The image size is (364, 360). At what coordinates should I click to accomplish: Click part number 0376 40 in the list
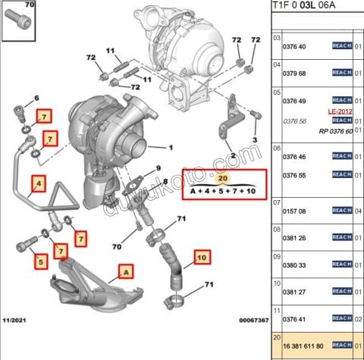(x=295, y=46)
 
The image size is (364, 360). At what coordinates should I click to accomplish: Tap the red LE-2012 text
(x=340, y=111)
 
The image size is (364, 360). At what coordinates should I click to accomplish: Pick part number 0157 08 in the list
(x=295, y=211)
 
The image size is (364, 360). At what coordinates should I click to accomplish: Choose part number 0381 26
(x=295, y=238)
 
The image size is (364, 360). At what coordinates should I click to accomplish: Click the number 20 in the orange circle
(x=222, y=178)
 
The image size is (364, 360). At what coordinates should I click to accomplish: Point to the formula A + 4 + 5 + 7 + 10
(x=221, y=192)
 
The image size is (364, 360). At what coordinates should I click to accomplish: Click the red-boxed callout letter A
(x=124, y=269)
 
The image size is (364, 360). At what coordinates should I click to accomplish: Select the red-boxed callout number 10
(x=202, y=257)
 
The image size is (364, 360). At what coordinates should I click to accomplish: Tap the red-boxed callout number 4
(x=39, y=182)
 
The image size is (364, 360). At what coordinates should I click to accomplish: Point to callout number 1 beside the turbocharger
(x=171, y=147)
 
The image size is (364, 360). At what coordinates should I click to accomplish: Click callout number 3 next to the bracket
(x=256, y=141)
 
